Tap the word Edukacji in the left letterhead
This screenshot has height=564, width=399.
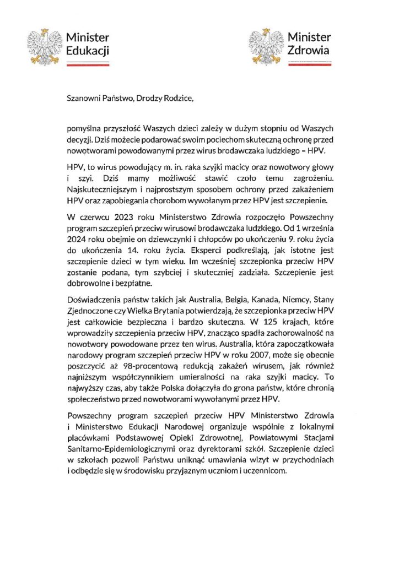(x=87, y=51)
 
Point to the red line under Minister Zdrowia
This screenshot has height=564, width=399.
(x=290, y=64)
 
